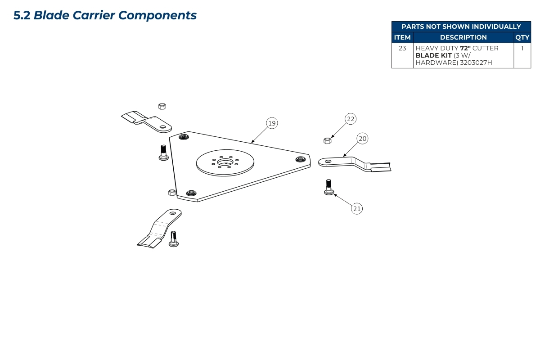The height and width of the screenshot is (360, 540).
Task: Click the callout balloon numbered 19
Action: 272,123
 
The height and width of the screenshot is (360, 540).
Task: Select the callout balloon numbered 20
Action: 362,139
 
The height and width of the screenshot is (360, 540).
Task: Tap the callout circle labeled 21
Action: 357,208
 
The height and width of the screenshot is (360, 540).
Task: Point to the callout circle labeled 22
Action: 351,119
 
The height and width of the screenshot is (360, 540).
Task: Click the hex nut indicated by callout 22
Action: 328,140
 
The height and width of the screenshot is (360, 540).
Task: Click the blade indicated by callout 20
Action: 355,163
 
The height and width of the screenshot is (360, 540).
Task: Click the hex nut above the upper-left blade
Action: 162,106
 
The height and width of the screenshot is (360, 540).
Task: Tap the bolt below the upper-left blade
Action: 163,152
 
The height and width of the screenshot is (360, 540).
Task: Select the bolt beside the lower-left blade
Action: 174,238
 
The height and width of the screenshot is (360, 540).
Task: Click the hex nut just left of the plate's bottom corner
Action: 171,193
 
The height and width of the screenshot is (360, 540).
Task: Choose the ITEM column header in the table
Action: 402,37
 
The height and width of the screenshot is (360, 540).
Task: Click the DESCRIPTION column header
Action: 463,37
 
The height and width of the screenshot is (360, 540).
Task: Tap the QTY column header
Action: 522,37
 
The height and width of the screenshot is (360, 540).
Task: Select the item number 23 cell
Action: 402,48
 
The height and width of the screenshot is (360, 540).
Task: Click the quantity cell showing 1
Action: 522,48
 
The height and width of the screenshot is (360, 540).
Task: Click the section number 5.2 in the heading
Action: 22,15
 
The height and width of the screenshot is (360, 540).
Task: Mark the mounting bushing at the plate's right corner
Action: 301,158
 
